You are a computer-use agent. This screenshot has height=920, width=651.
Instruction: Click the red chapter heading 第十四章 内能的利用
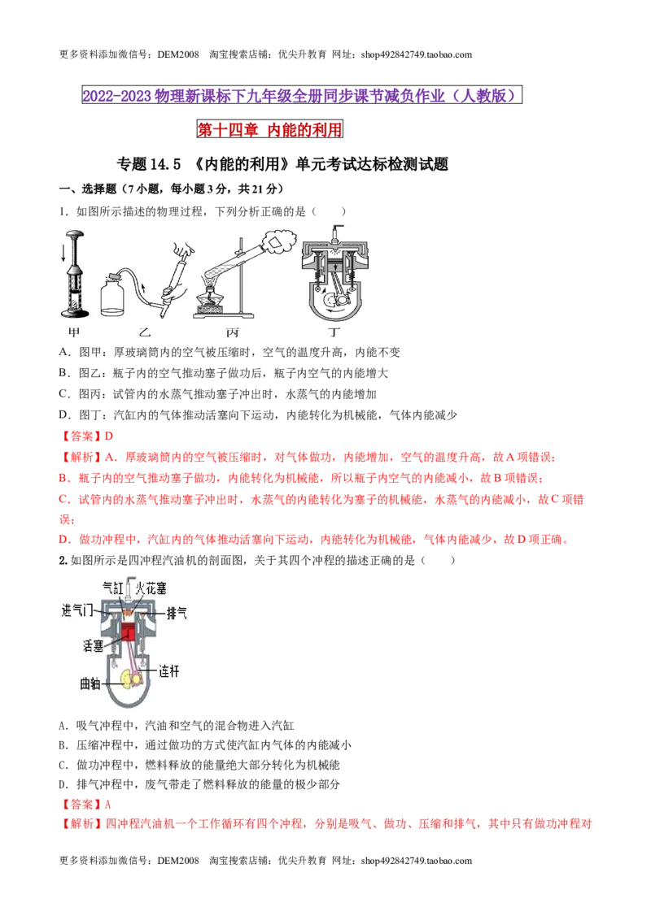click(269, 130)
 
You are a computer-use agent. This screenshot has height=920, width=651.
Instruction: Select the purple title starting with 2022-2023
click(301, 96)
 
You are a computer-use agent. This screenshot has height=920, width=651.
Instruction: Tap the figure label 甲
click(74, 332)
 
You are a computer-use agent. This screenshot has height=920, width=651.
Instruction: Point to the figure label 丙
click(232, 332)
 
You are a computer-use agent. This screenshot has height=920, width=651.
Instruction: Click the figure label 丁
click(334, 332)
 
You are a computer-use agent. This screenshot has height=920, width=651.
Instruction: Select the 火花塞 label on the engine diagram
click(151, 588)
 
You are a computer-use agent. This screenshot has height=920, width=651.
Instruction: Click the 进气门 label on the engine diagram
click(77, 610)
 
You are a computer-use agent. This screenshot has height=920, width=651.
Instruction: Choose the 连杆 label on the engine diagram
click(168, 670)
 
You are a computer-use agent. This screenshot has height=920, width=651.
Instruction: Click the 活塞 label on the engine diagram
click(93, 645)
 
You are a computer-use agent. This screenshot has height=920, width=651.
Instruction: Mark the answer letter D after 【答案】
click(109, 436)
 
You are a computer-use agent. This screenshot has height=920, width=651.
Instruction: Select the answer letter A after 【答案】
click(108, 805)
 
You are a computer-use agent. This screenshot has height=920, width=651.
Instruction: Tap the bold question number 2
click(63, 560)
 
